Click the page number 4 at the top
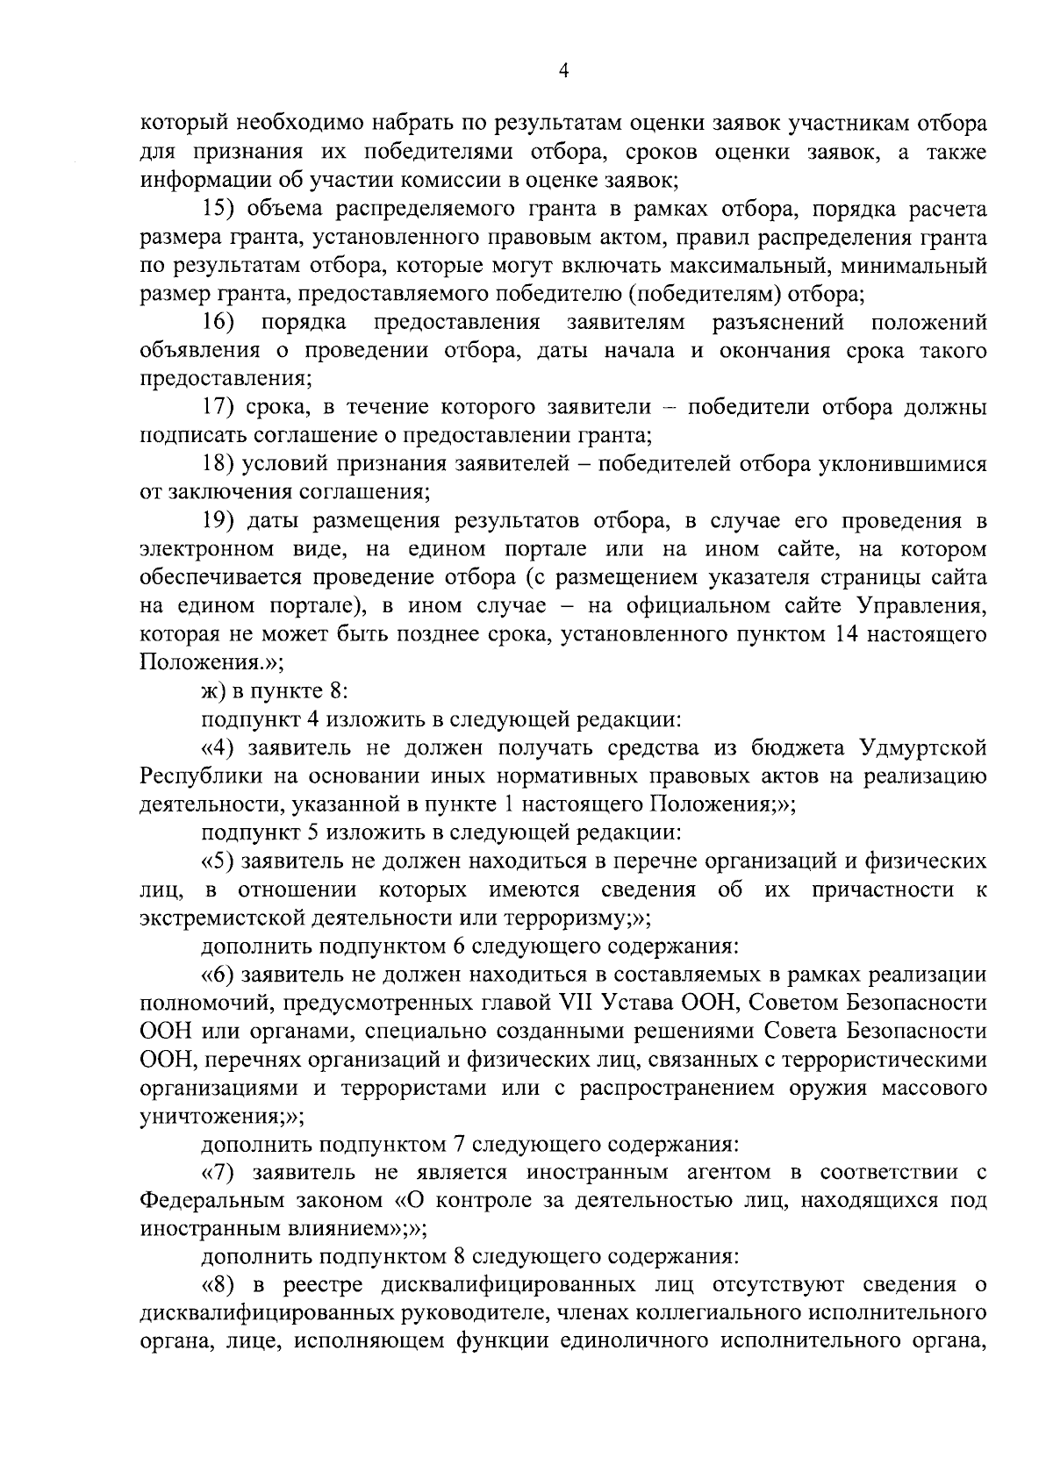coord(564,72)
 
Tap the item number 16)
coord(218,323)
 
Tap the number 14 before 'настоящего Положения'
coord(840,634)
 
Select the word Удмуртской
coord(912,747)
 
